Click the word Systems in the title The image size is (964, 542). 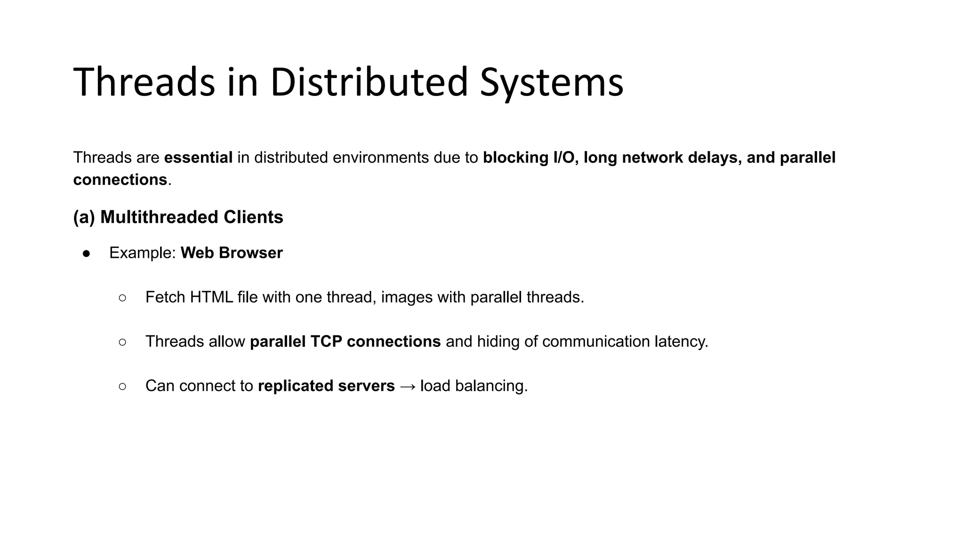click(551, 83)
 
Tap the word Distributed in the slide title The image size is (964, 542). click(369, 83)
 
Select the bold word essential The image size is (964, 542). click(198, 158)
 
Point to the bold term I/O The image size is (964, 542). click(563, 158)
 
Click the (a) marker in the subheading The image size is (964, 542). click(84, 217)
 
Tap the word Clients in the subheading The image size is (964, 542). click(253, 217)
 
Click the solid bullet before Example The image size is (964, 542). click(86, 254)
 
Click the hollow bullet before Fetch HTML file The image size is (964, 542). click(122, 298)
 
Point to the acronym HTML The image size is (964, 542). click(211, 297)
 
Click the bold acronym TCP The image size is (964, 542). click(326, 342)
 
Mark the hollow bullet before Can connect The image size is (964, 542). click(122, 386)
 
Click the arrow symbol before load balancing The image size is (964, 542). click(408, 387)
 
